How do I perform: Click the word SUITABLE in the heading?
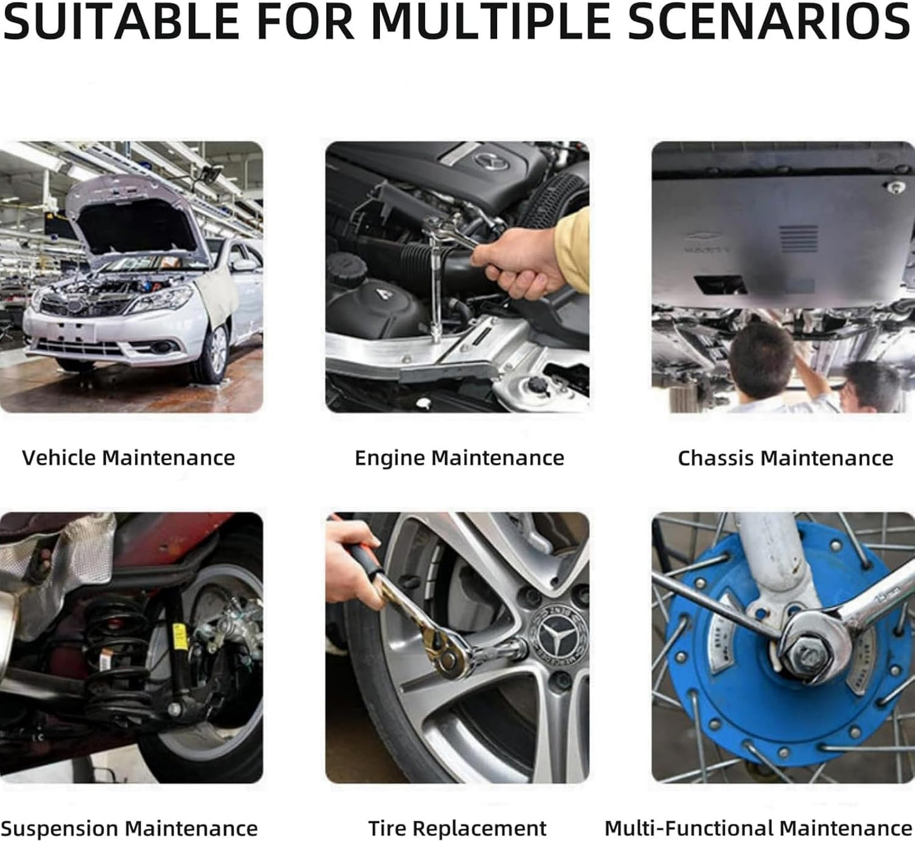coord(122,21)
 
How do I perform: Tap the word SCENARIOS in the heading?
coord(769,21)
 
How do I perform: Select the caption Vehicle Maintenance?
coord(129,458)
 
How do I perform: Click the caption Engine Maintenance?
coord(459,458)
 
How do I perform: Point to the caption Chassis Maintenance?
coord(785,458)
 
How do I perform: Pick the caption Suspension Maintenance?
coord(129,828)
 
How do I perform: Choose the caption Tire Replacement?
coord(457,828)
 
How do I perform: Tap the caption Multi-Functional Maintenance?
coord(758,828)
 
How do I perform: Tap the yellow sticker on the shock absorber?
coord(180,636)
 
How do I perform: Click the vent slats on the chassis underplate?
coord(798,239)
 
